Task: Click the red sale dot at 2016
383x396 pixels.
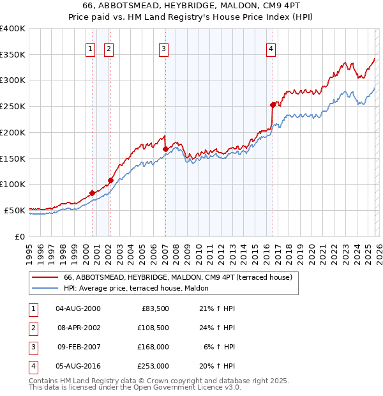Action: pyautogui.click(x=273, y=105)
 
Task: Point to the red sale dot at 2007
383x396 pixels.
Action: pyautogui.click(x=165, y=149)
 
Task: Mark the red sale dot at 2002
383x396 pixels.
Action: pyautogui.click(x=110, y=180)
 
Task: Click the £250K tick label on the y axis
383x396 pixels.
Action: pyautogui.click(x=13, y=106)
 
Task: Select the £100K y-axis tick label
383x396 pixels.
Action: pyautogui.click(x=13, y=184)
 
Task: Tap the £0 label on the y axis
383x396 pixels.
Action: pyautogui.click(x=19, y=236)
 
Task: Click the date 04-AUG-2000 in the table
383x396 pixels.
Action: pyautogui.click(x=78, y=308)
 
